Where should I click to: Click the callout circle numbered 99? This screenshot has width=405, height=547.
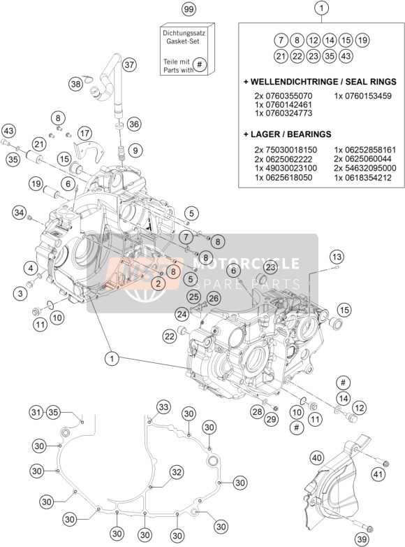tap(189, 9)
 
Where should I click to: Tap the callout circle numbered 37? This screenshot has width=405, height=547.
tap(129, 64)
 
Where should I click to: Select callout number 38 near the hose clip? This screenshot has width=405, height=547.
tap(75, 84)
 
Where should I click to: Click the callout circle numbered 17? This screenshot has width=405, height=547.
tap(84, 134)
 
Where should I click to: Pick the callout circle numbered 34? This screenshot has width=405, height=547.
tap(20, 212)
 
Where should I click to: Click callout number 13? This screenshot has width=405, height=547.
tap(337, 257)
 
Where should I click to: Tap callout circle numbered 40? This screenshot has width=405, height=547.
tap(316, 457)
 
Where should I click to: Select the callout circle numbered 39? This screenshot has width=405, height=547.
tap(362, 539)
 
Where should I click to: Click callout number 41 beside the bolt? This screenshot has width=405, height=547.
tap(378, 474)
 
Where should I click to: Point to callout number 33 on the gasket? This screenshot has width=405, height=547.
tap(163, 407)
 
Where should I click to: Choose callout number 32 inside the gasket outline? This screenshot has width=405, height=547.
tap(177, 472)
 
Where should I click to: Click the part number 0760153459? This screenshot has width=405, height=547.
tap(363, 96)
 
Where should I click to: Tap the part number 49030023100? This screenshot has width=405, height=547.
tap(286, 168)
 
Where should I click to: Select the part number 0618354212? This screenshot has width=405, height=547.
tap(365, 178)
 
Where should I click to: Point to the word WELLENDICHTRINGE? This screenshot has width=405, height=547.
tap(290, 82)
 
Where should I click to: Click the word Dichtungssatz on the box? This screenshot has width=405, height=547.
tap(184, 34)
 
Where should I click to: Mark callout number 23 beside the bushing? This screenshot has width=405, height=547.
tap(271, 268)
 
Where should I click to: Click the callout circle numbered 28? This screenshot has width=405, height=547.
tap(258, 412)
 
